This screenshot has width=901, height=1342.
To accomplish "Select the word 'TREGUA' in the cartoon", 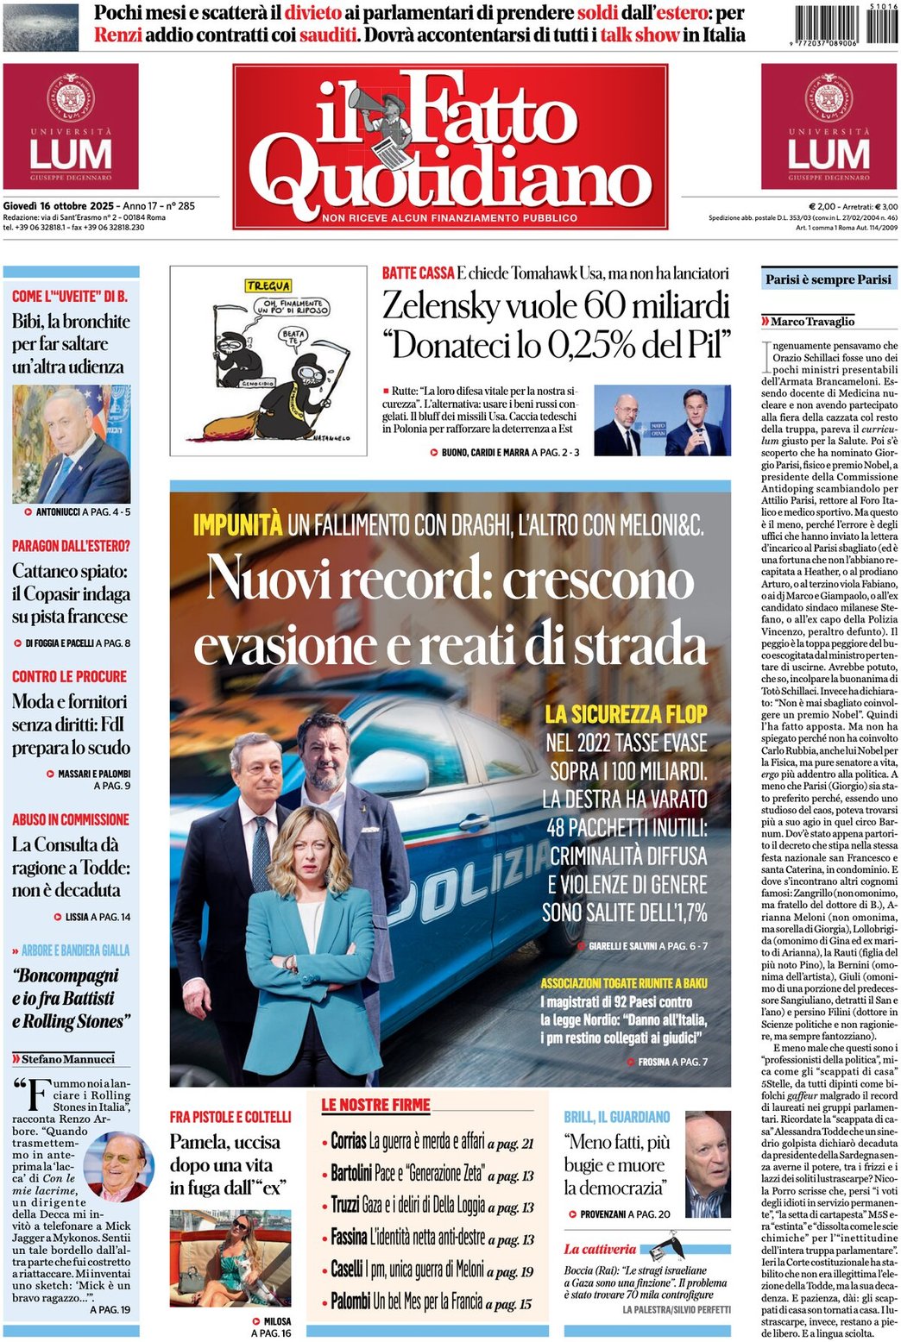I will pyautogui.click(x=268, y=285).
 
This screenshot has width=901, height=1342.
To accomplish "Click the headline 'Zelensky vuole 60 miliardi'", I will pyautogui.click(x=556, y=307).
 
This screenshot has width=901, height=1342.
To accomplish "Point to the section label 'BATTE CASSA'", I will pyautogui.click(x=418, y=273).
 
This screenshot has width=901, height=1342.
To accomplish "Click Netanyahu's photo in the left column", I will pyautogui.click(x=71, y=445).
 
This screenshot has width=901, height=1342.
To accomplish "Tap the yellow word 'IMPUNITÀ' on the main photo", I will pyautogui.click(x=237, y=524).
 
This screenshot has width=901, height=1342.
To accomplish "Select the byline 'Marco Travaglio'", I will pyautogui.click(x=812, y=322).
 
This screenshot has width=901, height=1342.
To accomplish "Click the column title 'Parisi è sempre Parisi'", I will pyautogui.click(x=828, y=279).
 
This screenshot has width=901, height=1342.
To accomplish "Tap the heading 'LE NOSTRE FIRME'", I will pyautogui.click(x=375, y=1105).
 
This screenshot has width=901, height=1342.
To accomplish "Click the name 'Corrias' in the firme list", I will pyautogui.click(x=349, y=1142).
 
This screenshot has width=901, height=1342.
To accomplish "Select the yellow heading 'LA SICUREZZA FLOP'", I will pyautogui.click(x=626, y=714).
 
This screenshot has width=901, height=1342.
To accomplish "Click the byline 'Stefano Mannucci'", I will pyautogui.click(x=67, y=1059).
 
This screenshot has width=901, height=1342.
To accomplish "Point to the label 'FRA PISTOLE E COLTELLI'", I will pyautogui.click(x=230, y=1117).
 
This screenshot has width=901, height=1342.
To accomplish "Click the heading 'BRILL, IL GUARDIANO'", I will pyautogui.click(x=616, y=1117).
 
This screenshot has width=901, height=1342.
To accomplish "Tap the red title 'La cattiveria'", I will pyautogui.click(x=600, y=1249).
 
